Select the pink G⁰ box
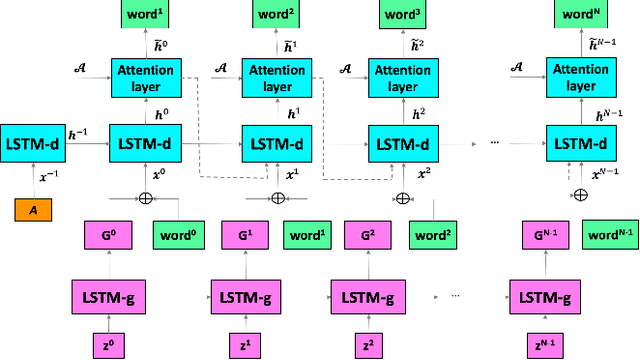coord(108,237)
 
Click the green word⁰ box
coord(178,237)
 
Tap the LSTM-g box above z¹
coord(242,297)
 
